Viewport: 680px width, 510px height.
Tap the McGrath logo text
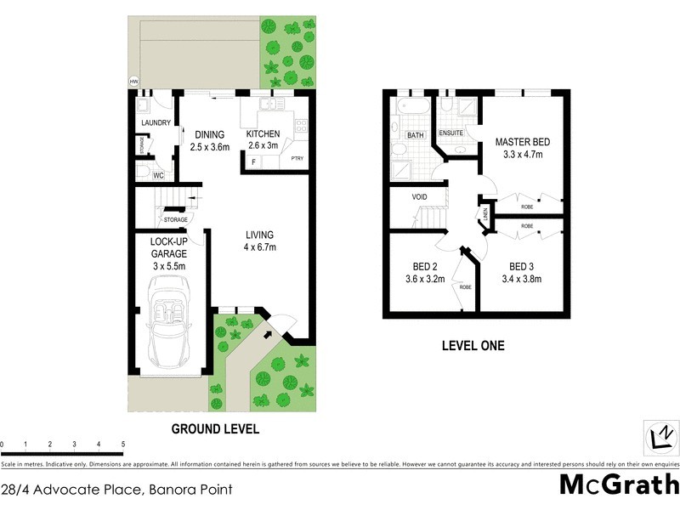pyautogui.click(x=618, y=484)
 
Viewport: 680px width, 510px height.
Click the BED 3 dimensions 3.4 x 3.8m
pyautogui.click(x=521, y=278)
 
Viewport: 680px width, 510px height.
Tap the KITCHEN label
pyautogui.click(x=263, y=134)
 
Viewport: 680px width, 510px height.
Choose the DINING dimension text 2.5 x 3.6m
pyautogui.click(x=209, y=147)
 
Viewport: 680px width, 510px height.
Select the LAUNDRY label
pyautogui.click(x=156, y=122)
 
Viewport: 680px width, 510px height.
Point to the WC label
pyautogui.click(x=158, y=176)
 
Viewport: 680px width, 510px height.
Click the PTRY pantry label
pyautogui.click(x=297, y=159)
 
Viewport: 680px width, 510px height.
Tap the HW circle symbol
pyautogui.click(x=133, y=82)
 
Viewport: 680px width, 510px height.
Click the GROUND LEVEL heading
pyautogui.click(x=215, y=428)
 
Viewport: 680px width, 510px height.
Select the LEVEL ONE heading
pyautogui.click(x=473, y=345)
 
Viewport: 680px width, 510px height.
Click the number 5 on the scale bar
pyautogui.click(x=123, y=445)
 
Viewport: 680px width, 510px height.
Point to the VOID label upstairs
pyautogui.click(x=419, y=197)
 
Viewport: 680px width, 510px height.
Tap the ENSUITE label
pyautogui.click(x=450, y=133)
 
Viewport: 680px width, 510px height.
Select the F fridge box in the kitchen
pyautogui.click(x=253, y=161)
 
